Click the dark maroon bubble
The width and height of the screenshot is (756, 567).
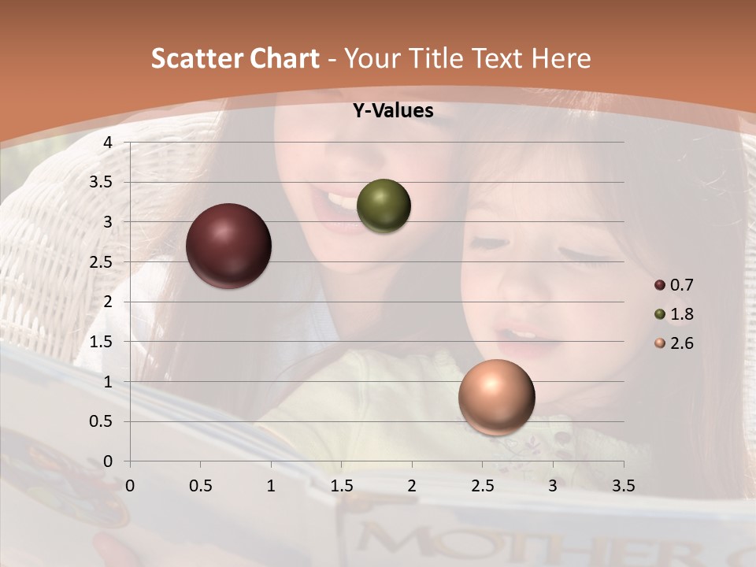[x=228, y=246]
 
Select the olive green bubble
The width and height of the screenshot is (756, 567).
[x=384, y=206]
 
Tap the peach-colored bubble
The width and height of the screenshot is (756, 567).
[x=496, y=397]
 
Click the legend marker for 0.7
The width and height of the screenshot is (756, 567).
[x=660, y=285]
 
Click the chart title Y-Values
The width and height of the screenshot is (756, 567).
[x=393, y=111]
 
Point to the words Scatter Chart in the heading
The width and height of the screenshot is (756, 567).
[x=235, y=58]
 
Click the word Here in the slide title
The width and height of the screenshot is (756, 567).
[x=561, y=58]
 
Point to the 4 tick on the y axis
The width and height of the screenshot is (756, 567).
[x=107, y=143]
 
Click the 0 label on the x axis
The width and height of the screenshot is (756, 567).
[x=130, y=484]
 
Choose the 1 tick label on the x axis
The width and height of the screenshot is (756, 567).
[x=271, y=484]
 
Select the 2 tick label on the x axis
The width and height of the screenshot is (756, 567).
[x=412, y=484]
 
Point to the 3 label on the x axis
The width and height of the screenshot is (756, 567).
[x=553, y=484]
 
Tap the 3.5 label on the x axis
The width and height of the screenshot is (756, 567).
[x=623, y=484]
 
